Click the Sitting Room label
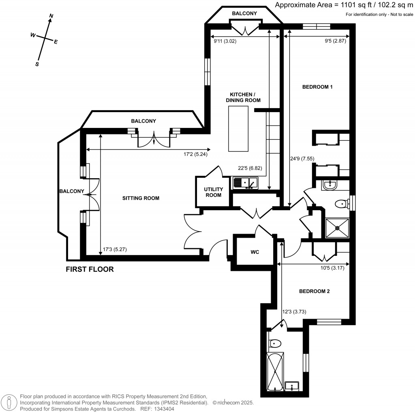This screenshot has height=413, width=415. point(141,198)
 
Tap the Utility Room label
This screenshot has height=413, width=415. point(213,192)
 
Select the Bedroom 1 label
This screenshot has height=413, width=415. point(317,87)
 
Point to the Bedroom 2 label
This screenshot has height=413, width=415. point(314,291)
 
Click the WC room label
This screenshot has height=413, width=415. point(255,252)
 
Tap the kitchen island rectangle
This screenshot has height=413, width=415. point(238,128)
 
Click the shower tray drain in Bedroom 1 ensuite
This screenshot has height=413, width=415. point(337,228)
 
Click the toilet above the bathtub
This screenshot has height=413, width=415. point(275,344)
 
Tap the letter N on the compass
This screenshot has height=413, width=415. point(51,16)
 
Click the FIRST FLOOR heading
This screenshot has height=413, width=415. point(90,269)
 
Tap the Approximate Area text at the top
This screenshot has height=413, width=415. point(344,5)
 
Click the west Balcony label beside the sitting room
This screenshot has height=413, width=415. point(71,192)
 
